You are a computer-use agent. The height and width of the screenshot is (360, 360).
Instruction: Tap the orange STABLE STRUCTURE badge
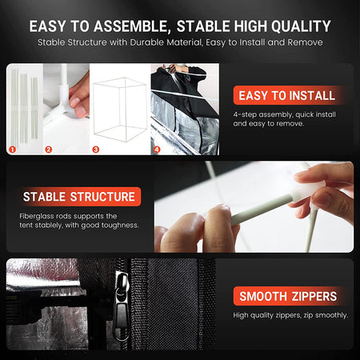coord(78,196)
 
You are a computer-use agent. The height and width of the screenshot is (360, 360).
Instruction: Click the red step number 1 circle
coord(13,149)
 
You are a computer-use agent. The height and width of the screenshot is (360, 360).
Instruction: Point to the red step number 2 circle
coord(49,149)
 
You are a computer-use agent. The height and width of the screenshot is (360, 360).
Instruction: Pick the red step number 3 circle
coord(96,149)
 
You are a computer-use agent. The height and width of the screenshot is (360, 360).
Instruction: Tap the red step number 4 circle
coord(157,149)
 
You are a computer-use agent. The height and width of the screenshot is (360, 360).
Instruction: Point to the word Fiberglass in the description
coord(37,216)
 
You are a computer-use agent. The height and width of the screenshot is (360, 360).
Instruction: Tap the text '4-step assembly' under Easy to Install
coord(258,114)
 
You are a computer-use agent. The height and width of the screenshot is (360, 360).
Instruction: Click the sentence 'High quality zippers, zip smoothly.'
coord(290,314)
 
